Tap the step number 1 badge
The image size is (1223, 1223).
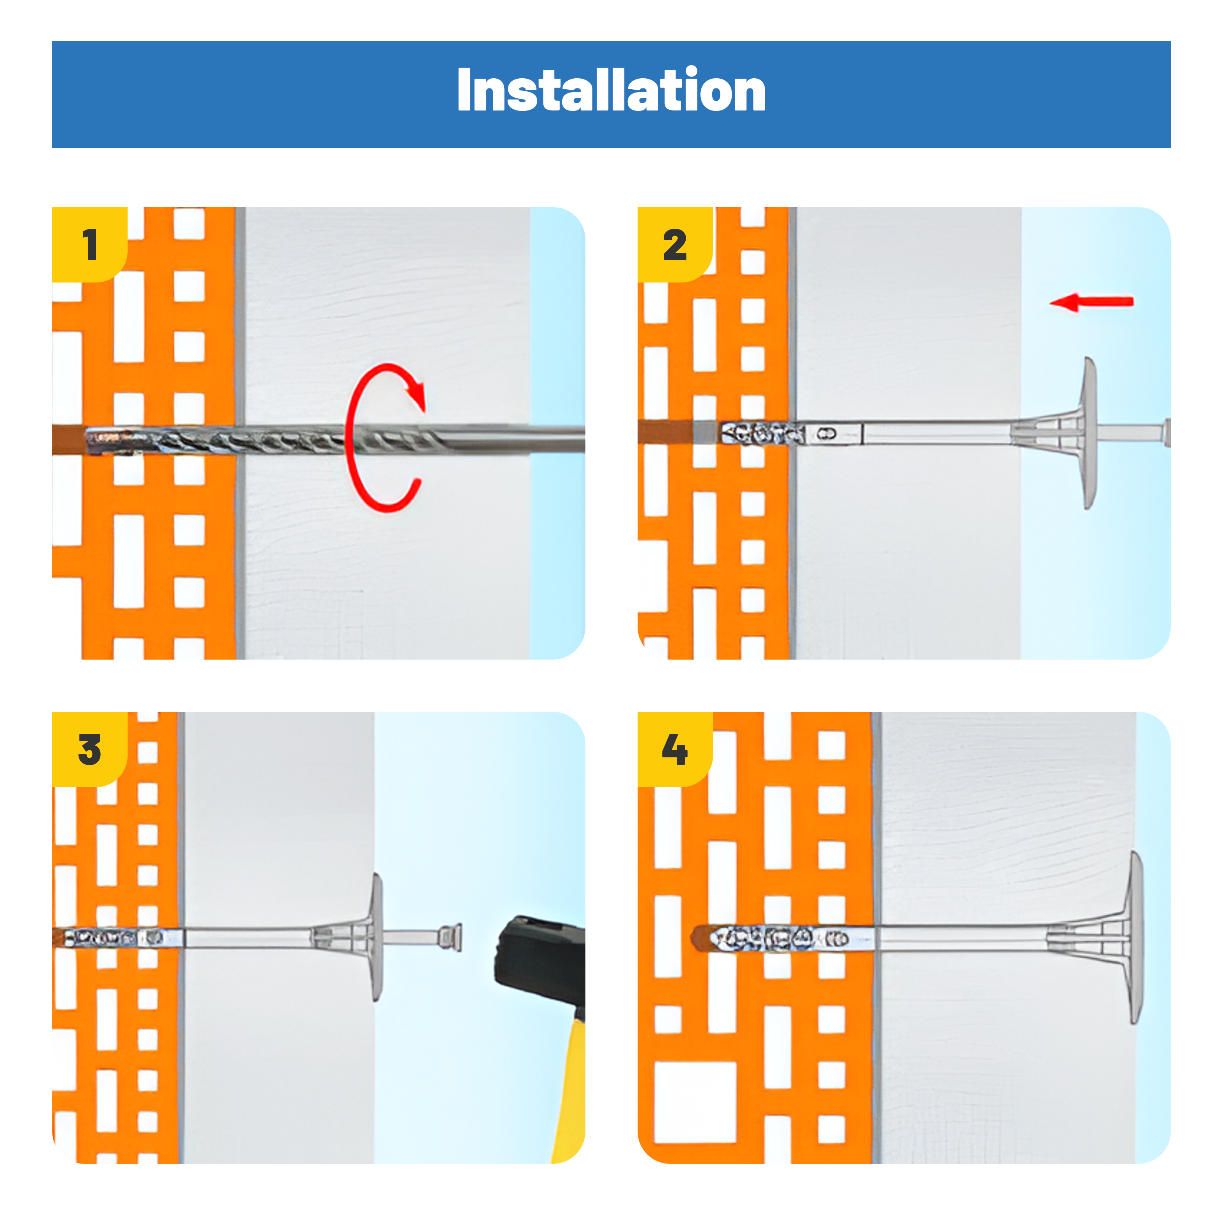[x=89, y=244]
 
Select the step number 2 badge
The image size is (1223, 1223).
[x=675, y=244]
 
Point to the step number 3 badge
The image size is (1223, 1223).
[x=89, y=749]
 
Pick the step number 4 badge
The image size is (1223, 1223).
[x=675, y=749]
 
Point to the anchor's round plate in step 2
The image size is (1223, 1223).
[x=1089, y=433]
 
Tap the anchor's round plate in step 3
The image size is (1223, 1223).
[x=377, y=937]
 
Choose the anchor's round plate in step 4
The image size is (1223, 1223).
[x=1136, y=938]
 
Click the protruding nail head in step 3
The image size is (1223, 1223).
[x=451, y=938]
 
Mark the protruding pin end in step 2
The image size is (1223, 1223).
[x=1166, y=433]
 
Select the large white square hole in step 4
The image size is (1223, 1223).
[x=695, y=1102]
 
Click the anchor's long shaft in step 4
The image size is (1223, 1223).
[x=962, y=938]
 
